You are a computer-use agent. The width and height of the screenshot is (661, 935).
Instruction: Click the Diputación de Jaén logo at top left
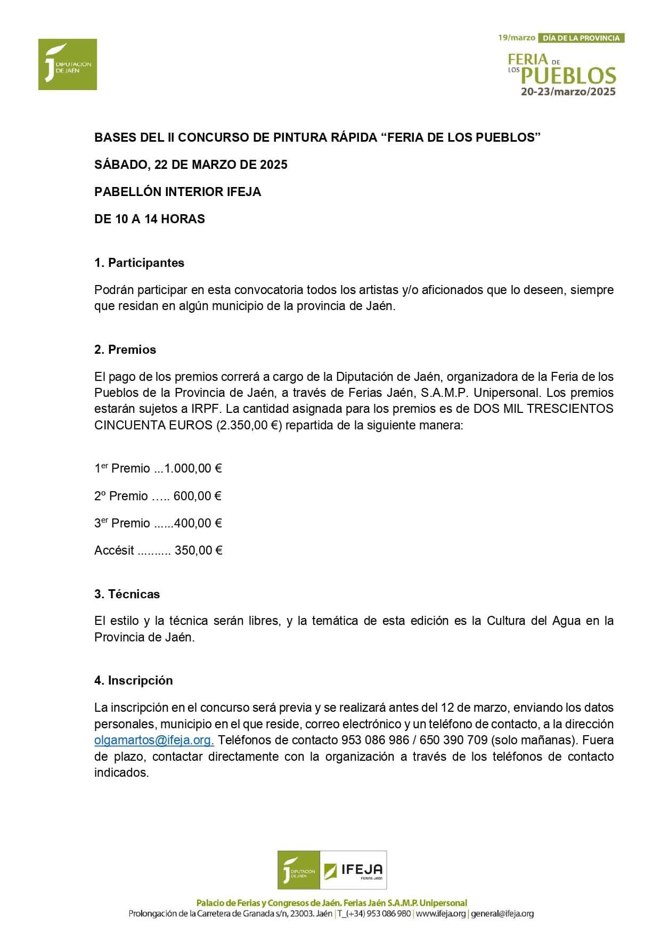[x=68, y=64]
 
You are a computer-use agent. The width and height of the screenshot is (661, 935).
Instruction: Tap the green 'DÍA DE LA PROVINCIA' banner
[x=581, y=38]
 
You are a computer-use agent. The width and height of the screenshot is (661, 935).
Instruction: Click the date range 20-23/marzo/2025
[x=568, y=92]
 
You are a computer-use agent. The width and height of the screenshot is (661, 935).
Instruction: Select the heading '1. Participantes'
[x=139, y=263]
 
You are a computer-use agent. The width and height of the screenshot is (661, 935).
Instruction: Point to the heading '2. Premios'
[x=125, y=349]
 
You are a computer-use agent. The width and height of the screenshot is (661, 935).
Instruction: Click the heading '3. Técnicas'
[x=127, y=594]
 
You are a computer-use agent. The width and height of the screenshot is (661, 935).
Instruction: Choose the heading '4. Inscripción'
[x=133, y=680]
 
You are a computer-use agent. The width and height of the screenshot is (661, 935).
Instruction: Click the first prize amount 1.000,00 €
[x=193, y=468]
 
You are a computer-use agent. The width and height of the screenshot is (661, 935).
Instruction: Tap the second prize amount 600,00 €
[x=197, y=496]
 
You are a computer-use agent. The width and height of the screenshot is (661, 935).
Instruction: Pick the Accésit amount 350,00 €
[x=198, y=550]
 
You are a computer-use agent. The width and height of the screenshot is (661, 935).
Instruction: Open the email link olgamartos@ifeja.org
[x=154, y=740]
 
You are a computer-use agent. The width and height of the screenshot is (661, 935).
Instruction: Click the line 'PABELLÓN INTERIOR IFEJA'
[x=177, y=192]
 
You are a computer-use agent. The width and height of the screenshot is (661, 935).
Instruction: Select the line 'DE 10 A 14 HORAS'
[x=149, y=219]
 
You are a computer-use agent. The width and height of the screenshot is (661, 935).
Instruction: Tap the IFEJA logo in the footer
[x=354, y=870]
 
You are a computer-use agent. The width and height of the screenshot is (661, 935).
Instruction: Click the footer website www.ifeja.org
[x=440, y=913]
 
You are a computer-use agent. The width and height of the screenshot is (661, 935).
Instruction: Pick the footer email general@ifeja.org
[x=502, y=913]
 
